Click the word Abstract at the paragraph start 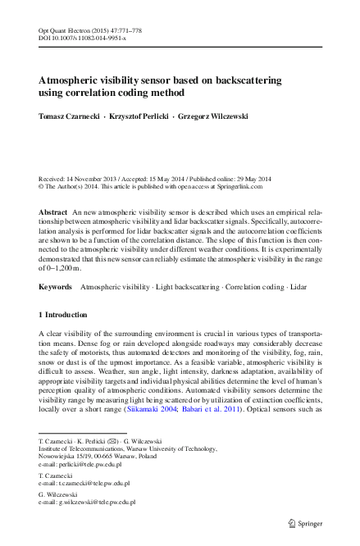click(x=53, y=212)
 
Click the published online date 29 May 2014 click(x=250, y=178)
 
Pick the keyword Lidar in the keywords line click(x=298, y=288)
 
